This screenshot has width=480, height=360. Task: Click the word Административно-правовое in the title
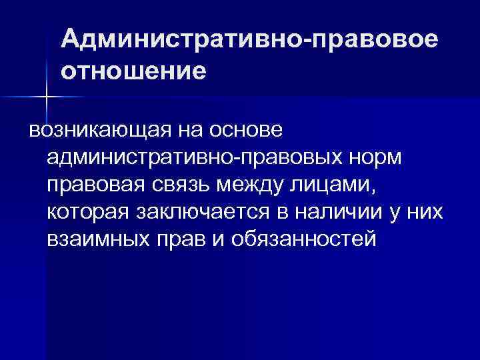click(x=250, y=40)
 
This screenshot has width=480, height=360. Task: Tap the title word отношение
click(x=133, y=70)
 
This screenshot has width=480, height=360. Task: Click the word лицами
click(x=336, y=185)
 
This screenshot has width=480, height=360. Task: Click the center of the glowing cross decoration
click(x=47, y=98)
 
